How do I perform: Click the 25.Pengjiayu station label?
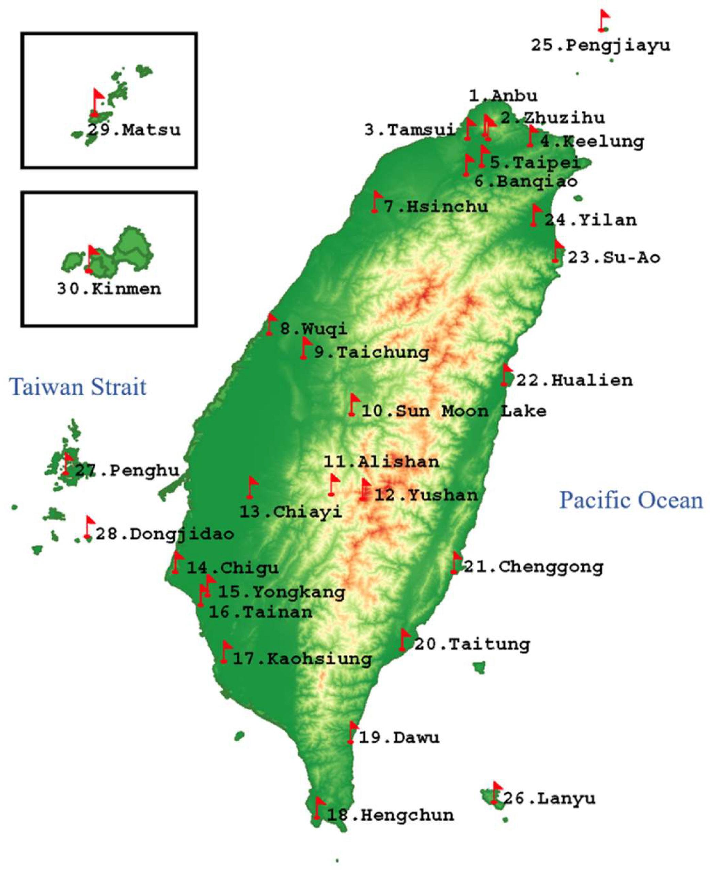click(600, 45)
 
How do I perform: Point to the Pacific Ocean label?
click(631, 500)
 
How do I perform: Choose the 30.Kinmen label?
click(109, 289)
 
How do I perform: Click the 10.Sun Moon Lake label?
click(454, 411)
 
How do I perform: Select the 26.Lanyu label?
click(549, 798)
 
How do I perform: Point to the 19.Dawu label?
click(399, 738)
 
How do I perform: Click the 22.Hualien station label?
click(574, 380)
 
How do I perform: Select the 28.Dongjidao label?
click(164, 534)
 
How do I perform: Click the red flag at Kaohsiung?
click(225, 652)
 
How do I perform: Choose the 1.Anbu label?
click(503, 96)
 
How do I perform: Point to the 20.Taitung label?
click(472, 644)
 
